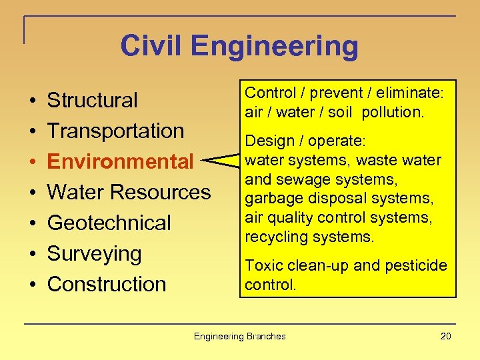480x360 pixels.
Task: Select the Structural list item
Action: click(92, 100)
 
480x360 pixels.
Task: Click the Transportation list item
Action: click(115, 131)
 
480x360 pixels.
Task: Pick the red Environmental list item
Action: click(120, 161)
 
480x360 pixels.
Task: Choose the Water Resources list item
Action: click(129, 192)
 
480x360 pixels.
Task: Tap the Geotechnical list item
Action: click(109, 223)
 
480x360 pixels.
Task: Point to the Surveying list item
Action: click(94, 253)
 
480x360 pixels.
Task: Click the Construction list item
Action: click(106, 284)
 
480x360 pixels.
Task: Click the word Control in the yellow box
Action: click(267, 93)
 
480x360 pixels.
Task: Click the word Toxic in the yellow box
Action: click(261, 265)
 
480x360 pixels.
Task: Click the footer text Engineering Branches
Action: click(239, 336)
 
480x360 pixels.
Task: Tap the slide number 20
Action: click(445, 336)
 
